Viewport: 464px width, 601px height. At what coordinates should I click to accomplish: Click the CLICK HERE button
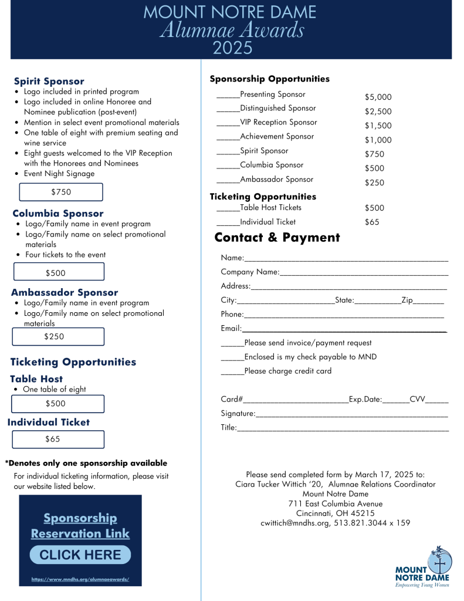point(80,555)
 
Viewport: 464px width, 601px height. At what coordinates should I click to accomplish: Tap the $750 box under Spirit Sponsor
point(61,192)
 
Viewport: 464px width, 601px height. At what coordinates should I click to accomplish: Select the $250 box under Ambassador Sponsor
point(58,336)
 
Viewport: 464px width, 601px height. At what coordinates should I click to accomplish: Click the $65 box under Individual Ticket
point(58,439)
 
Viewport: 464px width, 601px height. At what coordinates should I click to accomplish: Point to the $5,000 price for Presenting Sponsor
point(378,97)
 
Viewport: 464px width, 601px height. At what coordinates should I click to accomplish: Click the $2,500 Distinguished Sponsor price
point(378,112)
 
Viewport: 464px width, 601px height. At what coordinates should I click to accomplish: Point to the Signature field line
point(352,416)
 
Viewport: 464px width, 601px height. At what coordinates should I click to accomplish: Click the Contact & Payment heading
point(277,238)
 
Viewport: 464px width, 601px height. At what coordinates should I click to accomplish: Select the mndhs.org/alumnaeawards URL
point(80,579)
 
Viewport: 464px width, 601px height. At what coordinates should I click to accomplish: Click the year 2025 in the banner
point(232,48)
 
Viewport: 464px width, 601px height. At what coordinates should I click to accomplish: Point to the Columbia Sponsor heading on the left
point(57,214)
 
